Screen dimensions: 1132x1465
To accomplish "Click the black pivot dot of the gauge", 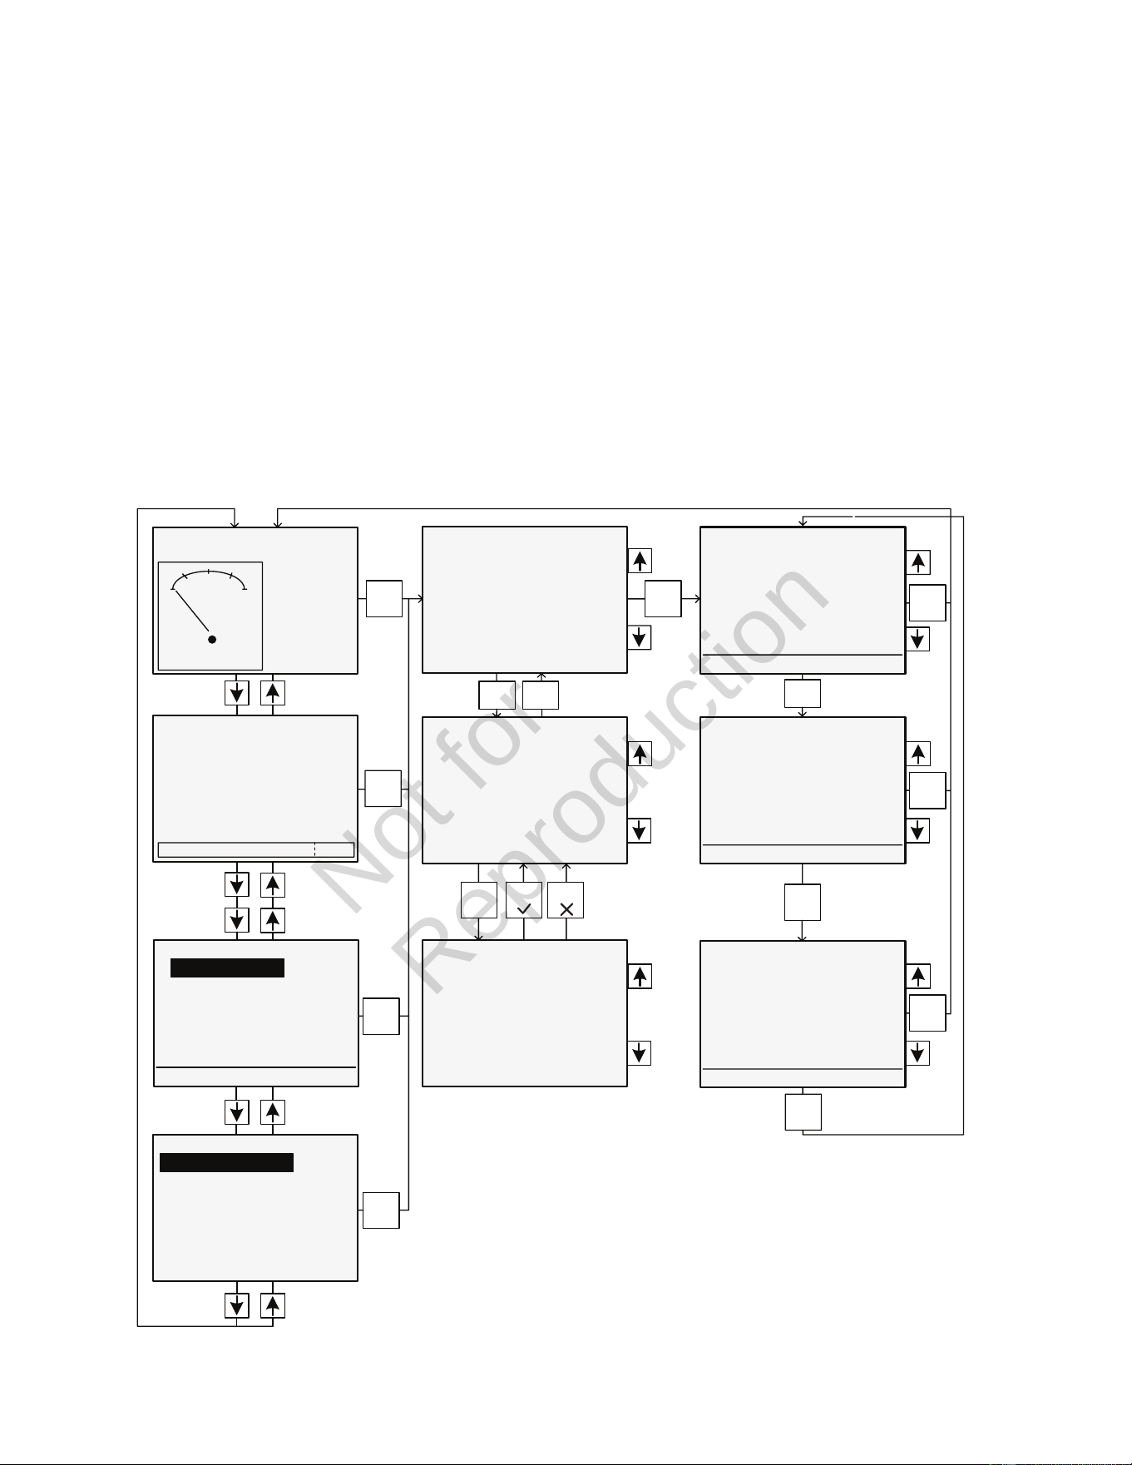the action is point(212,639).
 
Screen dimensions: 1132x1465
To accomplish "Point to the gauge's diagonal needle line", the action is point(191,611).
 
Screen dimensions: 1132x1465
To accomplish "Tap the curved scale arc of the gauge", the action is point(209,574).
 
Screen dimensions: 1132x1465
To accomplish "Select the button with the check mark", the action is point(524,900).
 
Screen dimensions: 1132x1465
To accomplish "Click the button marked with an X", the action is point(566,900).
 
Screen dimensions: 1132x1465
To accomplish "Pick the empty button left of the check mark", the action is point(479,900).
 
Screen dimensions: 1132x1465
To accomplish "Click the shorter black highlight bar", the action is point(227,968).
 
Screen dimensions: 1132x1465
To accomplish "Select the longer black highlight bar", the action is point(226,1162).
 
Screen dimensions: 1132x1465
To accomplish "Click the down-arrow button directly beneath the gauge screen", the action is point(237,692).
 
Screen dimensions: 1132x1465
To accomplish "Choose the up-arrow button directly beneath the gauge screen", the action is point(273,692).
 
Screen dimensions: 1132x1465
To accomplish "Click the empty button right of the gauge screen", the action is point(384,598).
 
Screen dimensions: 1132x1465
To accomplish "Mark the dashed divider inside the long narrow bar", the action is point(314,849).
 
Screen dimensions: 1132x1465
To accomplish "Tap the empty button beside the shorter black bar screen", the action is point(381,1016).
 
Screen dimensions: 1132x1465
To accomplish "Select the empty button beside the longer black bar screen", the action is point(381,1210).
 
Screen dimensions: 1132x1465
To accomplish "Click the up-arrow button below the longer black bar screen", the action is point(273,1305).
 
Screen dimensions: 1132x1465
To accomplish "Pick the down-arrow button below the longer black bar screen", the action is point(237,1305).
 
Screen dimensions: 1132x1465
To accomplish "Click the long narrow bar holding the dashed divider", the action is point(256,849).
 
